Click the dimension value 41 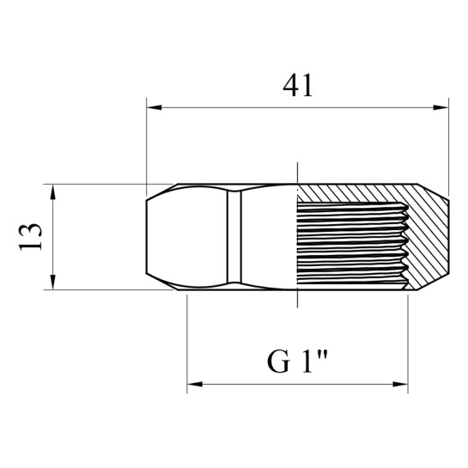pos(298,85)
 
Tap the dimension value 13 pos(30,236)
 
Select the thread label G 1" pos(297,362)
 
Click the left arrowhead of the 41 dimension pos(154,107)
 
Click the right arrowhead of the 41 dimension pos(441,107)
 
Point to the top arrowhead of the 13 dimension pos(53,191)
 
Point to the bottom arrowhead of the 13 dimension pos(53,282)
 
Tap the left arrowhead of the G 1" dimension pos(195,384)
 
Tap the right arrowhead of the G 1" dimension pos(400,384)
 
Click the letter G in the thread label pos(278,362)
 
